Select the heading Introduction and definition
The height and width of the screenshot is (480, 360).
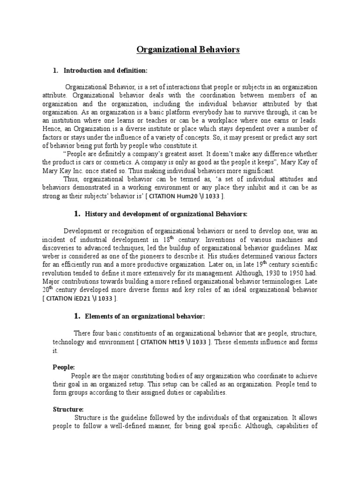pyautogui.click(x=105, y=70)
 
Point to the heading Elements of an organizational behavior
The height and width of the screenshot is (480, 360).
pyautogui.click(x=145, y=316)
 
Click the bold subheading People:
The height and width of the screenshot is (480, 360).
pyautogui.click(x=64, y=367)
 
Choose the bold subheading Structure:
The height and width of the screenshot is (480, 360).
pyautogui.click(x=68, y=409)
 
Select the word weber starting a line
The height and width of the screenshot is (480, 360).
pyautogui.click(x=62, y=256)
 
